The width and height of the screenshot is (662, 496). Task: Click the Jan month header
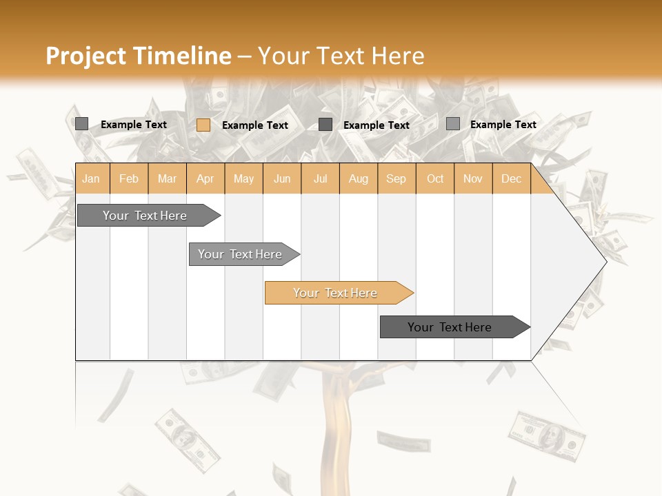point(91,178)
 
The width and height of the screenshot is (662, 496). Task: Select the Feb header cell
point(129,178)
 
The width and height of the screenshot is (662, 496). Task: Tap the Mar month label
point(167,178)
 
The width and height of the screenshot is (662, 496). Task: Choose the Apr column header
point(205,178)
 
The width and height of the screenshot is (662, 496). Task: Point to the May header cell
point(243,178)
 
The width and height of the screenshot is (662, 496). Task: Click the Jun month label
point(282,178)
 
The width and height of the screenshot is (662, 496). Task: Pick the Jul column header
point(320,178)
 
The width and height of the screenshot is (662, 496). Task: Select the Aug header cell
point(359,178)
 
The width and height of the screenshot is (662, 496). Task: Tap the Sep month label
point(397,178)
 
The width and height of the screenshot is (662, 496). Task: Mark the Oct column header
point(435,178)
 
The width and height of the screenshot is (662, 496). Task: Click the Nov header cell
point(473,178)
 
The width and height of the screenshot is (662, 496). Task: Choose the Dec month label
point(512,178)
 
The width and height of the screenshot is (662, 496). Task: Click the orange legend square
point(203,125)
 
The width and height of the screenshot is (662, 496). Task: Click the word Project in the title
point(86,56)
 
